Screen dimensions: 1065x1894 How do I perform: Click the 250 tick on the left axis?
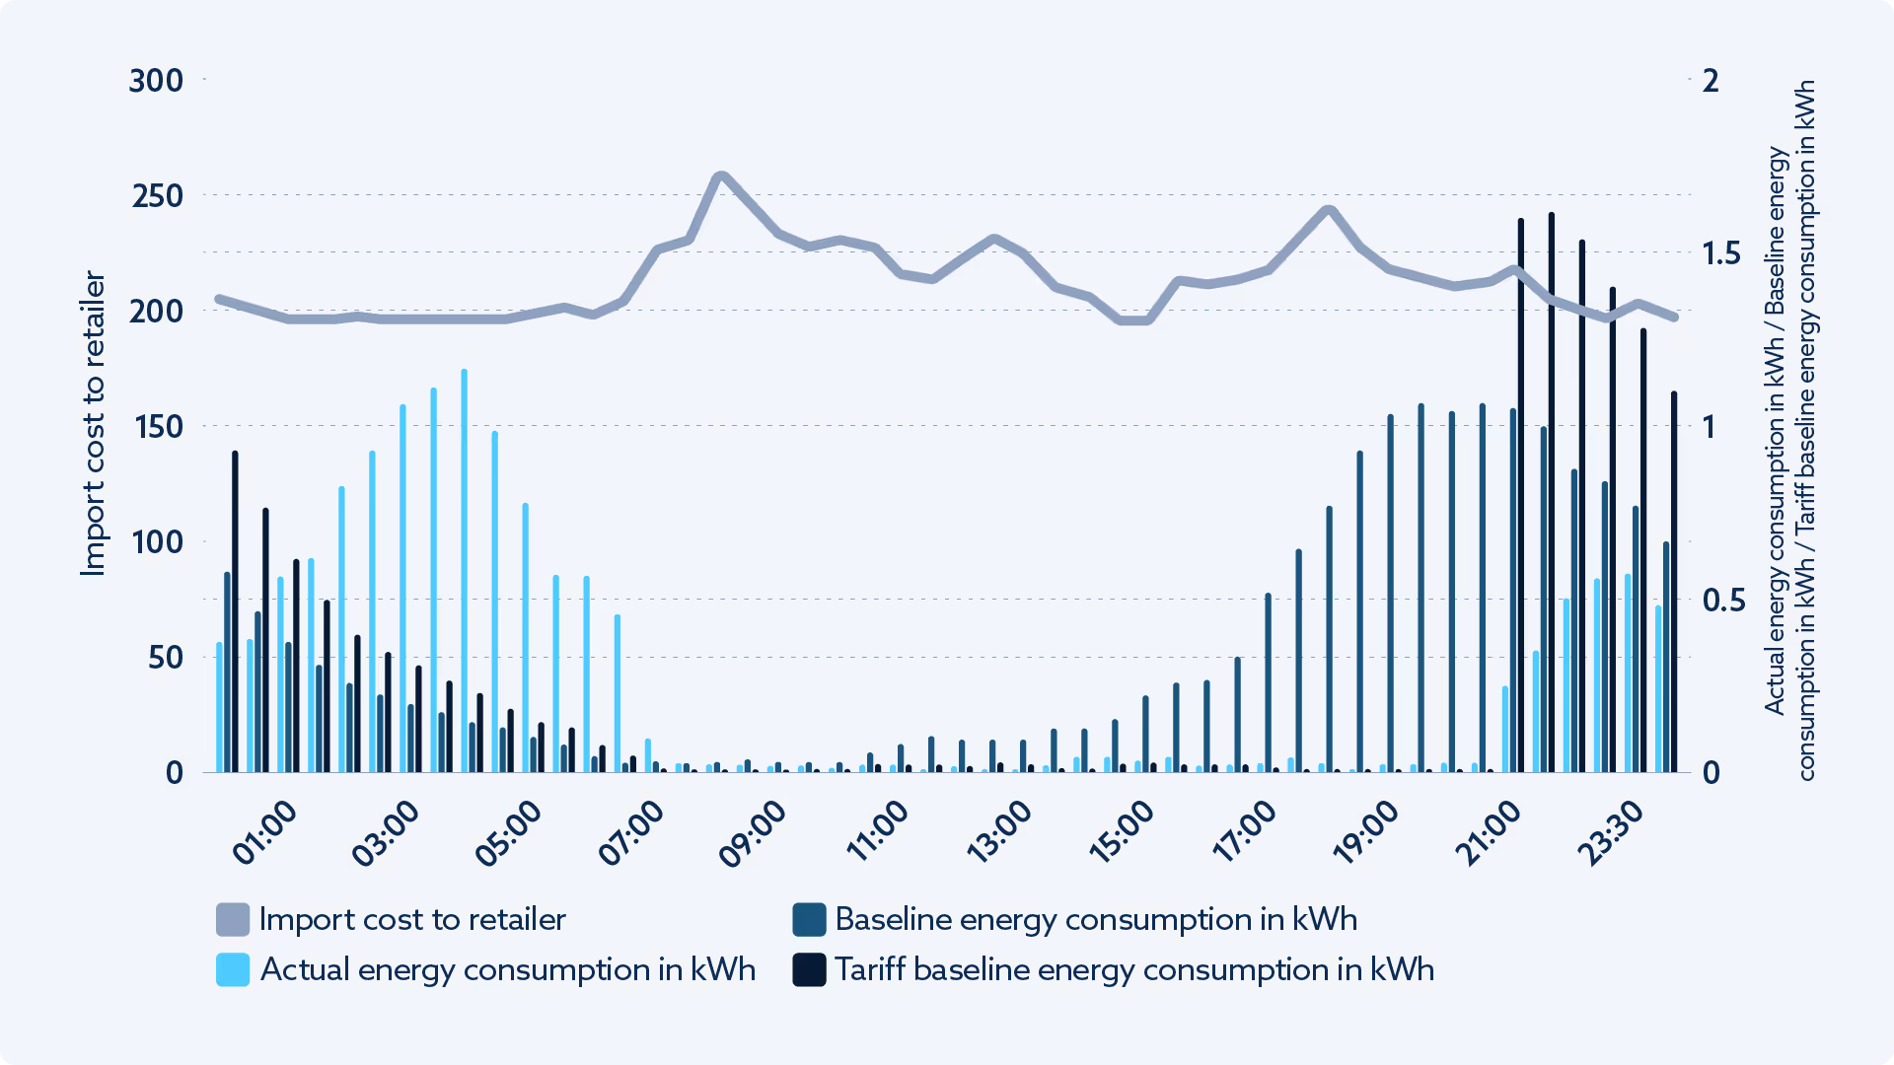158,196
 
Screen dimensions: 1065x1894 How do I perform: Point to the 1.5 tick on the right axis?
1721,253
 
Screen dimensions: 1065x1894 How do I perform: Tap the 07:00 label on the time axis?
632,833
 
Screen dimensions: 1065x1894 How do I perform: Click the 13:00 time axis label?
999,833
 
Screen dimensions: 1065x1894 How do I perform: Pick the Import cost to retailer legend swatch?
233,920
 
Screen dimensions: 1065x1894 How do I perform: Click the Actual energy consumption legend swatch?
233,970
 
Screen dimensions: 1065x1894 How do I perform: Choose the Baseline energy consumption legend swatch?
809,920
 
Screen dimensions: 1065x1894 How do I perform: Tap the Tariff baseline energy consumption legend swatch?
809,970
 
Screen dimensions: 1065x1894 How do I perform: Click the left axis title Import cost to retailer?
93,424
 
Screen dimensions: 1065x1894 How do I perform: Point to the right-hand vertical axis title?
1789,430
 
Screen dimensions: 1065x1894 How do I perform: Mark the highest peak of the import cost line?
721,177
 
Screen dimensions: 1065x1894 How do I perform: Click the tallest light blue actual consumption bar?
465,572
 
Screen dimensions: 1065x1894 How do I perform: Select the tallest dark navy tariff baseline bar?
1552,493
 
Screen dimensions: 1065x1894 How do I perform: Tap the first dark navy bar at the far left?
235,611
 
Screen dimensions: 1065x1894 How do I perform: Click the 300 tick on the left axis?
156,81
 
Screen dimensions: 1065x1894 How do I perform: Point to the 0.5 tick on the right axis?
1723,601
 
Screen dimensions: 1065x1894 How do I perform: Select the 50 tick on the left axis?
165,658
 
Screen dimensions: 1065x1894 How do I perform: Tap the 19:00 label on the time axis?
1366,833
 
